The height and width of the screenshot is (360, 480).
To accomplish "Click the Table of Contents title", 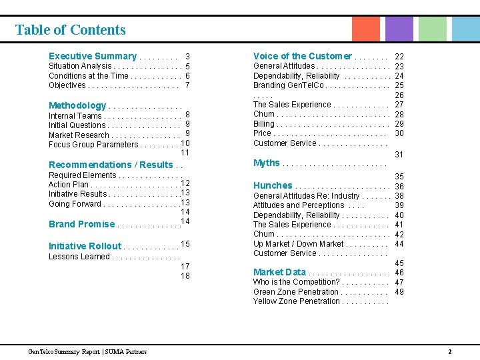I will [70, 30].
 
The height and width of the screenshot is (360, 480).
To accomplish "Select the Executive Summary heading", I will [92, 57].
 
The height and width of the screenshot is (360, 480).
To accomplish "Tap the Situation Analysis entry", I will [80, 66].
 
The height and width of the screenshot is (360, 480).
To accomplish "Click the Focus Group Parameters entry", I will [93, 145].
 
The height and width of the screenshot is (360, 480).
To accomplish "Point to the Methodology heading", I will [77, 105].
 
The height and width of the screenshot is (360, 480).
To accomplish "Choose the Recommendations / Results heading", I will [111, 165].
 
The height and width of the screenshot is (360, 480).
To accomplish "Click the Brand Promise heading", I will [81, 224].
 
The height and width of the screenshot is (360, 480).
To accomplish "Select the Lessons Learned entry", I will [79, 257].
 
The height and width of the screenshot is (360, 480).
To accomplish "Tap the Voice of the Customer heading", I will [302, 56].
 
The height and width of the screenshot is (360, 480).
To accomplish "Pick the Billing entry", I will [263, 124].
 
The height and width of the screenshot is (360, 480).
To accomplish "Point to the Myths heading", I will [267, 163].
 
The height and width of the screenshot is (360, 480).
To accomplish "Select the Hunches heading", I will [273, 185].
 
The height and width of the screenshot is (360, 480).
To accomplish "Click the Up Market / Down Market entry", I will [298, 244].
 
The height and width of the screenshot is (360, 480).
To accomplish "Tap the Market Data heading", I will [279, 272].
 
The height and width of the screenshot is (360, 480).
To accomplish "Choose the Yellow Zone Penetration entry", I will [296, 301].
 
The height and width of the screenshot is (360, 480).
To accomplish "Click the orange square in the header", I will [365, 29].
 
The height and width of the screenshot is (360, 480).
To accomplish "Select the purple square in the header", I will [399, 29].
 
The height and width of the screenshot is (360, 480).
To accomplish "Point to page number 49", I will [399, 291].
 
